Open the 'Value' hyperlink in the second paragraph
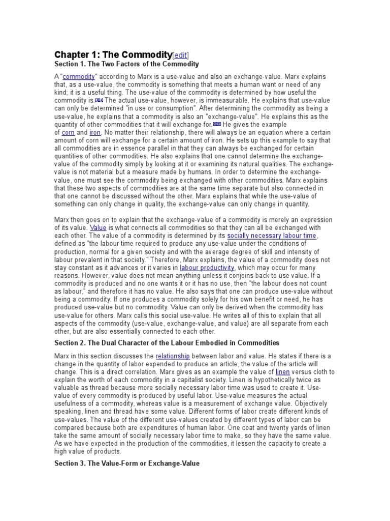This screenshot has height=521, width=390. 97,227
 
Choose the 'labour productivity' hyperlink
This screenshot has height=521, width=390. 207,268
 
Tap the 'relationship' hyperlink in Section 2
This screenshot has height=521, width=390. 173,356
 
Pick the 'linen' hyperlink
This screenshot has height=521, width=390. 282,372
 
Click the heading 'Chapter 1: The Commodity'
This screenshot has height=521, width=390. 113,54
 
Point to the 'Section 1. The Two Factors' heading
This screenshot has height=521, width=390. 126,64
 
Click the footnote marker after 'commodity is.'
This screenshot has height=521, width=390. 99,100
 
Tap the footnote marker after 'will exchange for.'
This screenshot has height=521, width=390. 217,124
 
